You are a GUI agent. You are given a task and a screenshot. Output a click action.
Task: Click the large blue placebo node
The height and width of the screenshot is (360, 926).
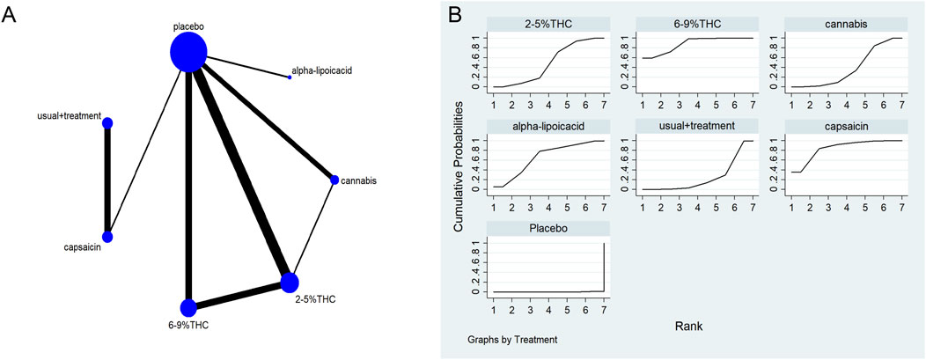click(x=188, y=54)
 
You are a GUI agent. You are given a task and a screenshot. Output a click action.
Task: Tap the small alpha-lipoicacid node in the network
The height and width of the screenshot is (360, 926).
click(x=290, y=77)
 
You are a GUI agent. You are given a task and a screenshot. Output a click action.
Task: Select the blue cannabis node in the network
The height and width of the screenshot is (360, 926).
click(x=334, y=180)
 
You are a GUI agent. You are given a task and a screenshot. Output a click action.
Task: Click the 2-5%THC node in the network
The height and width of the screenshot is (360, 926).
click(x=290, y=283)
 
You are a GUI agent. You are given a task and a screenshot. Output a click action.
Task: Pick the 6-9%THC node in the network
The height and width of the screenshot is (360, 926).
click(x=188, y=308)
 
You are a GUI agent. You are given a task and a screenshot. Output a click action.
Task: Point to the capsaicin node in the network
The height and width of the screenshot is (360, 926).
click(x=107, y=237)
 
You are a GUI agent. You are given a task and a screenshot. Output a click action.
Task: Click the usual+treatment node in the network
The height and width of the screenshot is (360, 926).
click(x=107, y=123)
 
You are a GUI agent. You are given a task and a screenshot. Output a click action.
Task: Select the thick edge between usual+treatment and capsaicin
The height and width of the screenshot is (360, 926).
click(x=107, y=180)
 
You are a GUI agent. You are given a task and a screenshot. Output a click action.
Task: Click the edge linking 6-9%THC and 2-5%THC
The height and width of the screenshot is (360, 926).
click(x=239, y=296)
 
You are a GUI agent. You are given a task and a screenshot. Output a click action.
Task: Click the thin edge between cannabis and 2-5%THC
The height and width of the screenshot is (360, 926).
click(x=312, y=231)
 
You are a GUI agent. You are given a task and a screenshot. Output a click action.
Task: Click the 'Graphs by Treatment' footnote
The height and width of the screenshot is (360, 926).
click(x=511, y=337)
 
